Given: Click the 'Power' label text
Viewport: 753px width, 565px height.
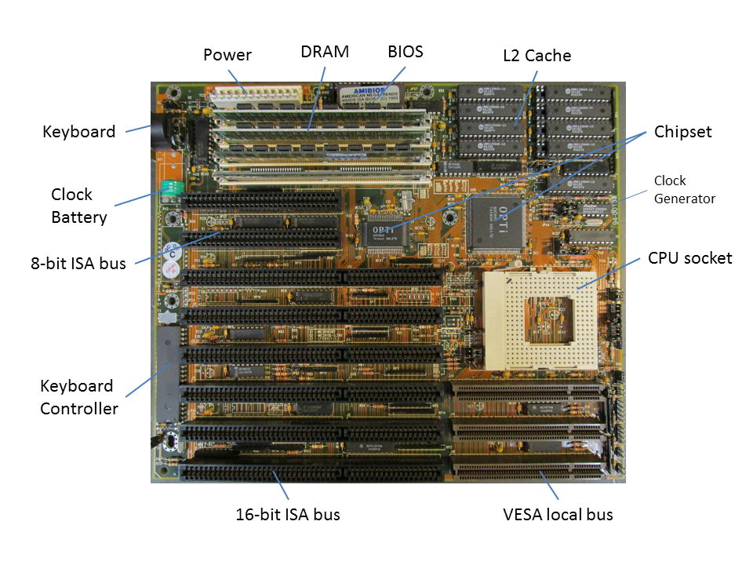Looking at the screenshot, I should (227, 55).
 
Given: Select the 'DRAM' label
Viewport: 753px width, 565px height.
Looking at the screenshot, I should (325, 53).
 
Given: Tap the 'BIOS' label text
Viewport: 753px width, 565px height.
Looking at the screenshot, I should (406, 52).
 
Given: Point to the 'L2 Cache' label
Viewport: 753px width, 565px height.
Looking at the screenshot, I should (537, 56).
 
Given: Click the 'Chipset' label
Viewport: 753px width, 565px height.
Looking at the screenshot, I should (683, 132).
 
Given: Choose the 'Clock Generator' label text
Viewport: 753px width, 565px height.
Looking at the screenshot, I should (685, 189).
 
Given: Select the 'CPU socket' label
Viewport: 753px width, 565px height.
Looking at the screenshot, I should (690, 257).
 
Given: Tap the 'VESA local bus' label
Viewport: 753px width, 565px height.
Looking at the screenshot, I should (558, 515).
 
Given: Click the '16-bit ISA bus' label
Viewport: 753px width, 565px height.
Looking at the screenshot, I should (288, 515).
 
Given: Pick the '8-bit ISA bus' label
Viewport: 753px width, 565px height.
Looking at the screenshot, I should (78, 264).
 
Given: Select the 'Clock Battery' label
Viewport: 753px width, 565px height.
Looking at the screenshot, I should (78, 206).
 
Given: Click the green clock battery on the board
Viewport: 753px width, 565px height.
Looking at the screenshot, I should (170, 191).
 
